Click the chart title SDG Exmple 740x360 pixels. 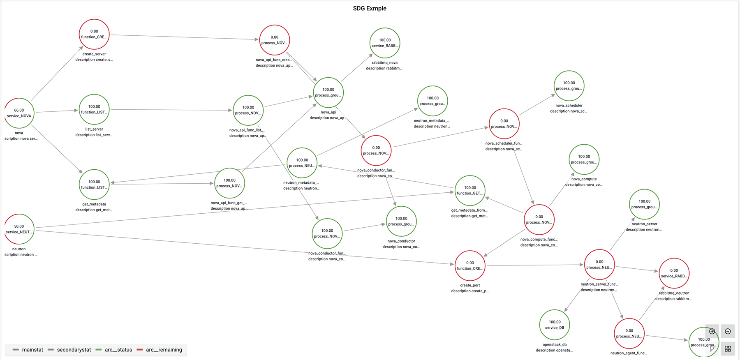point(370,8)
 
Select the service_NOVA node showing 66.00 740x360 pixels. point(19,113)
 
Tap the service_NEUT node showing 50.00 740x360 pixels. point(19,229)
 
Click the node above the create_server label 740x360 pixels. point(94,34)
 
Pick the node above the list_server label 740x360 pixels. point(94,109)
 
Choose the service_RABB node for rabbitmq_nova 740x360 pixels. point(385,43)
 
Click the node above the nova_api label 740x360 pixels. point(328,92)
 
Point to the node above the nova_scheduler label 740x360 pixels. point(569,85)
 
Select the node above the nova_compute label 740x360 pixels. point(584,159)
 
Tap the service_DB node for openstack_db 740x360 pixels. point(555,325)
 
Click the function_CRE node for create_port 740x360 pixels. point(470,265)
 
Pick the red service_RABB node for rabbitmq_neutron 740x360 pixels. point(674,273)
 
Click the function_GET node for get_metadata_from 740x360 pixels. point(470,190)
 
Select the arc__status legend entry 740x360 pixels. point(118,350)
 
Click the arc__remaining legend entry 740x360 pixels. point(164,350)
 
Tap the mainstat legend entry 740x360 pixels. point(32,350)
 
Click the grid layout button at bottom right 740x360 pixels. point(728,348)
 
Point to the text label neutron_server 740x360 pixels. point(644,224)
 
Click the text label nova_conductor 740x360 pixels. point(401,241)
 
